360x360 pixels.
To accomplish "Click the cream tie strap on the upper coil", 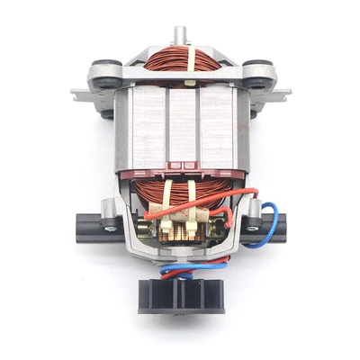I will pyautogui.click(x=190, y=61).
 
